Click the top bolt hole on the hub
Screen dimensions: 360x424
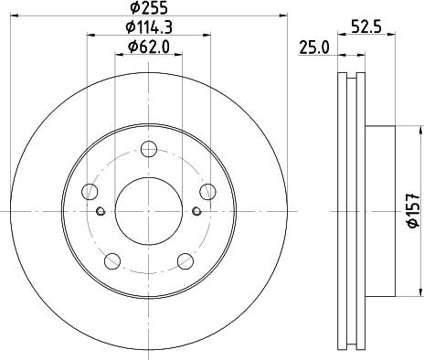150,147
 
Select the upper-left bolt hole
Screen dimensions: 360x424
90,192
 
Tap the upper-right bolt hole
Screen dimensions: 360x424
208,191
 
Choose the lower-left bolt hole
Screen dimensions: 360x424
112,259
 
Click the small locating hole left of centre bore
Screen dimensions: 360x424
99,212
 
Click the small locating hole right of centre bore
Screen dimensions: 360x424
198,212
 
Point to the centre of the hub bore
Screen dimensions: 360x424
149,211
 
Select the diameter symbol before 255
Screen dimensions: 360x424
132,11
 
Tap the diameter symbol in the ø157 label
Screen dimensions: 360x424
414,228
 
